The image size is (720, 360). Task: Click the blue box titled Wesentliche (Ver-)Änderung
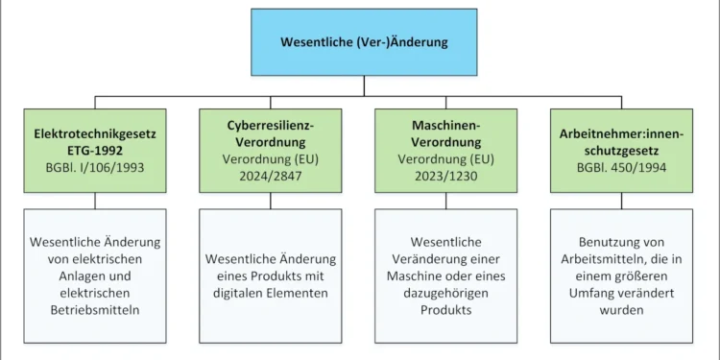coord(364,42)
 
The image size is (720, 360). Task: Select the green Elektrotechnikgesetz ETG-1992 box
coord(94,151)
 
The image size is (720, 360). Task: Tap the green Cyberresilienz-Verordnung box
coord(271,151)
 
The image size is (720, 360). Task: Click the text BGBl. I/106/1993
coord(94,167)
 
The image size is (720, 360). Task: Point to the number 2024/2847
coord(271,176)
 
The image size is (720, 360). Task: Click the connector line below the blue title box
coord(364,86)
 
